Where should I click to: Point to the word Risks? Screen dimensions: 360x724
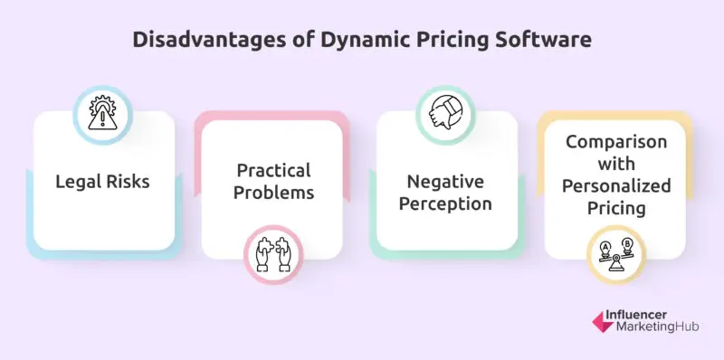127,182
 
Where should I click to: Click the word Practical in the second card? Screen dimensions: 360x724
272,171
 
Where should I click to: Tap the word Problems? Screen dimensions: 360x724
272,193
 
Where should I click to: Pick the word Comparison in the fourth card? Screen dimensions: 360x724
617,144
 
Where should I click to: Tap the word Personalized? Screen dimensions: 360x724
617,186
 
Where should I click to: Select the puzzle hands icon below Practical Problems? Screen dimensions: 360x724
272,252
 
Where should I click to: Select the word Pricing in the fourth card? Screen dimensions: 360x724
617,208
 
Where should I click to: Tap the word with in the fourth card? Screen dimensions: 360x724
617,166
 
